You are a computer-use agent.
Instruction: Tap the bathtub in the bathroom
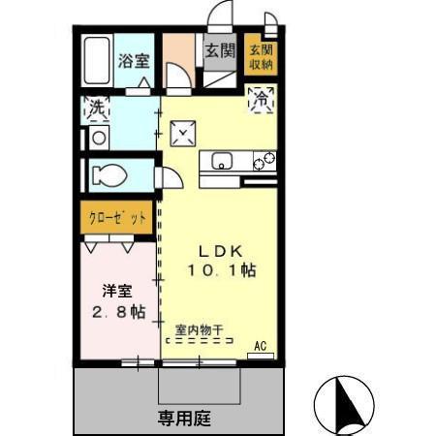(96, 61)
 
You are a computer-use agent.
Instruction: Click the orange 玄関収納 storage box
(260, 56)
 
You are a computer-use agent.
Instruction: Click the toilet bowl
(107, 175)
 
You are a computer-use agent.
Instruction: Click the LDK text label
(221, 250)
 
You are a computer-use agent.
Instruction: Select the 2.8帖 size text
(116, 312)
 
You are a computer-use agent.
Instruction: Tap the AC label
(260, 345)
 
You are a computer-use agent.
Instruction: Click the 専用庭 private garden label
(184, 420)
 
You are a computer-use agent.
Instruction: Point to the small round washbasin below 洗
(97, 138)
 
